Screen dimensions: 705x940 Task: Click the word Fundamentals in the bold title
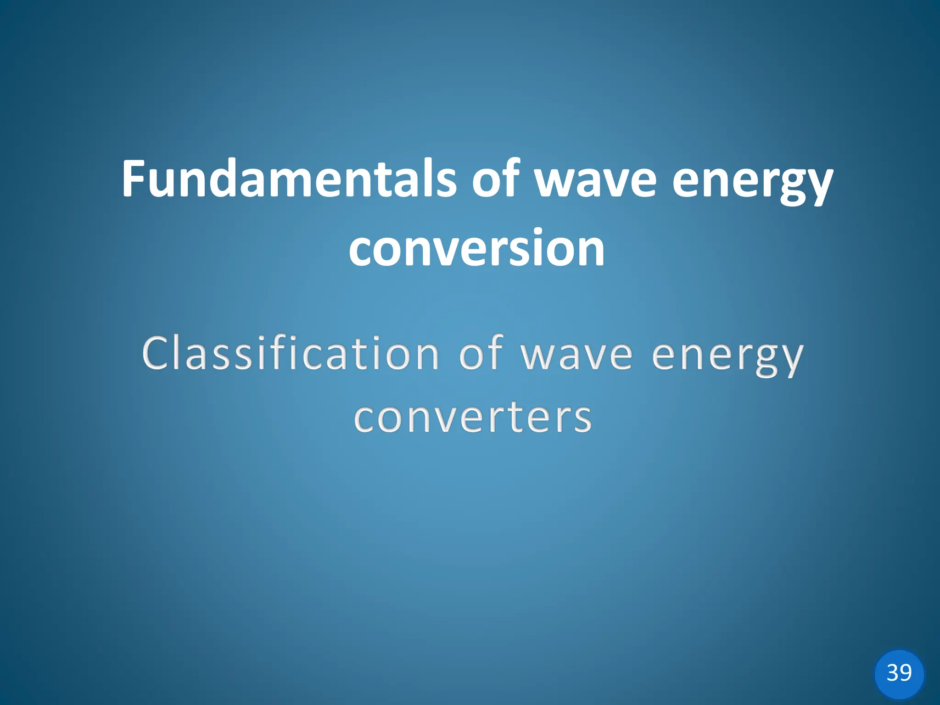[289, 179]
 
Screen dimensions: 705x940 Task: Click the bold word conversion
[476, 249]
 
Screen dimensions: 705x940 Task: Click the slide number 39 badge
[899, 673]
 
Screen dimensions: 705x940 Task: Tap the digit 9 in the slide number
[906, 673]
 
